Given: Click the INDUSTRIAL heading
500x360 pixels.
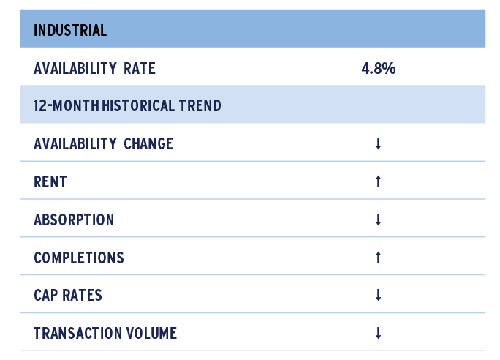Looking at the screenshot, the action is point(70,31).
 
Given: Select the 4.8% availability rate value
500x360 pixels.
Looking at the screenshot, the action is point(379,69).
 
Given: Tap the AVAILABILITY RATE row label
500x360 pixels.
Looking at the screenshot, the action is point(95,69).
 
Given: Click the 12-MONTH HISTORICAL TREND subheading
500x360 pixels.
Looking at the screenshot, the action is point(127,106).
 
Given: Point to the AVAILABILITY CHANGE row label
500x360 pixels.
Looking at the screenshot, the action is point(103,144).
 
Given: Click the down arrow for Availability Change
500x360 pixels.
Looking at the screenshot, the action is point(378,143).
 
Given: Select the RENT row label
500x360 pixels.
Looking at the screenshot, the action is point(50,182).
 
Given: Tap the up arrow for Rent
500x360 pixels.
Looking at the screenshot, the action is point(378,181).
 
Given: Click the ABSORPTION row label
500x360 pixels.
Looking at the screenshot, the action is point(74,220).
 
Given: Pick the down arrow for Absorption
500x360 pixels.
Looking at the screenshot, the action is point(378,220).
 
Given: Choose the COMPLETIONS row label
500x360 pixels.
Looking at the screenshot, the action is point(79,258).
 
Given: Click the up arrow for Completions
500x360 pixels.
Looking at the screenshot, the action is point(378,258).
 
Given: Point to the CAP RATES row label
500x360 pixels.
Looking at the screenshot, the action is point(68,295).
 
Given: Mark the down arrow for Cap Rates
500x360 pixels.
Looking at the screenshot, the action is point(378,295).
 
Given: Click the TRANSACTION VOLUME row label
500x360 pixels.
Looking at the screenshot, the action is point(105,333).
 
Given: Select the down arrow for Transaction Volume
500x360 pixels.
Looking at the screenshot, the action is point(378,333).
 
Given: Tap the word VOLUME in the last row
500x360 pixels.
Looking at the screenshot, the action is point(152,333).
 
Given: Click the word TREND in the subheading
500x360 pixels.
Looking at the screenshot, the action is point(200,106).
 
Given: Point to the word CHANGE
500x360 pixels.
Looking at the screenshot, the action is point(148,144).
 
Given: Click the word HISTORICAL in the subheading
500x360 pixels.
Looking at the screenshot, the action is point(138,106).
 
